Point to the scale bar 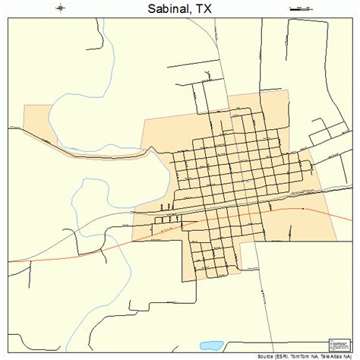[x=300, y=8]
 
